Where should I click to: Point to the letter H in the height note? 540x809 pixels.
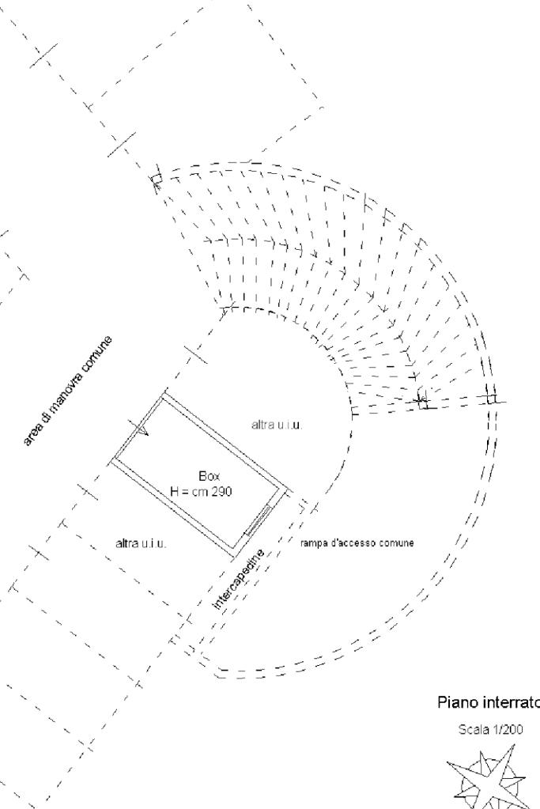[175, 491]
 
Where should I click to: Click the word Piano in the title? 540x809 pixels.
[455, 703]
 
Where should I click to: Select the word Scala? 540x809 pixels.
[473, 730]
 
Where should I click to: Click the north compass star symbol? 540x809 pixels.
[485, 779]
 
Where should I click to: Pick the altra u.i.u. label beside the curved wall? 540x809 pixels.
[277, 425]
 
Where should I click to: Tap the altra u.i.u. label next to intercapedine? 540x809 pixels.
[142, 544]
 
